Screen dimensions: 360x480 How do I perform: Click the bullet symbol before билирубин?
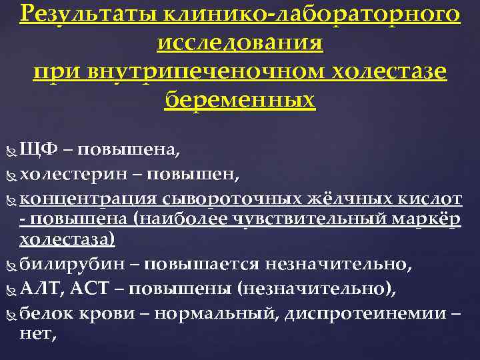click(x=11, y=265)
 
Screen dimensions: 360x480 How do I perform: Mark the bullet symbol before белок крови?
click(x=11, y=313)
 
